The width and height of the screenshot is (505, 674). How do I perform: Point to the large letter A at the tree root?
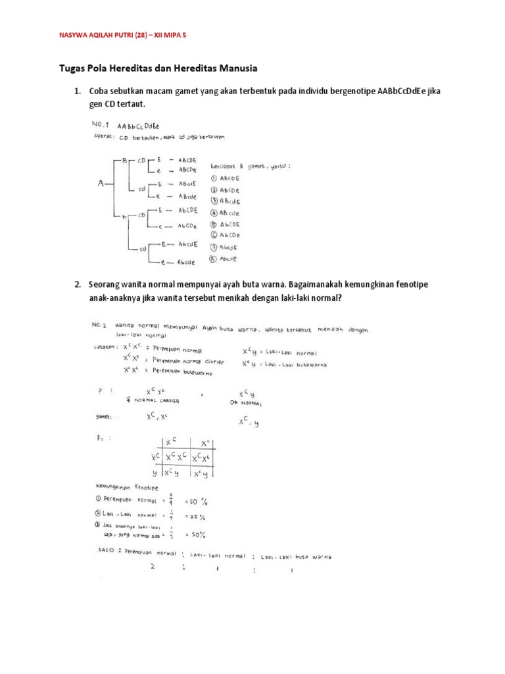coord(102,184)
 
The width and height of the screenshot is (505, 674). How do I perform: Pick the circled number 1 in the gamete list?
coord(214,178)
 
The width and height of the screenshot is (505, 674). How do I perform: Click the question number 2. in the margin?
coord(77,284)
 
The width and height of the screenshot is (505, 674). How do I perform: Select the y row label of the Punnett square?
coord(155,473)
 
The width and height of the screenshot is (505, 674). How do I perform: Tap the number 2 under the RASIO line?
coord(152,568)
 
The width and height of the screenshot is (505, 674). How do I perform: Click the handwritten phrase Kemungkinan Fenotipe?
coord(122,487)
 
